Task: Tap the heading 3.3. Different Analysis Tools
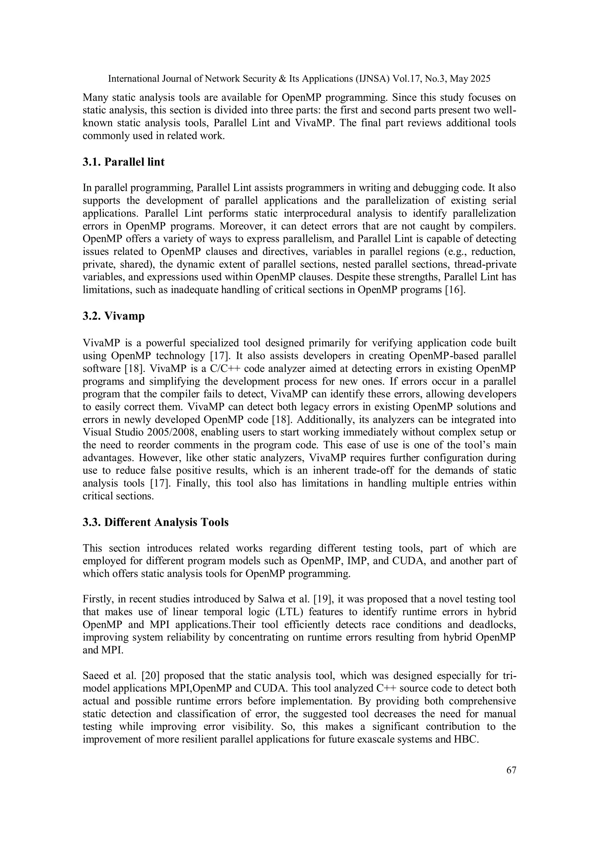tap(155, 522)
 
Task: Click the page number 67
tap(511, 770)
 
